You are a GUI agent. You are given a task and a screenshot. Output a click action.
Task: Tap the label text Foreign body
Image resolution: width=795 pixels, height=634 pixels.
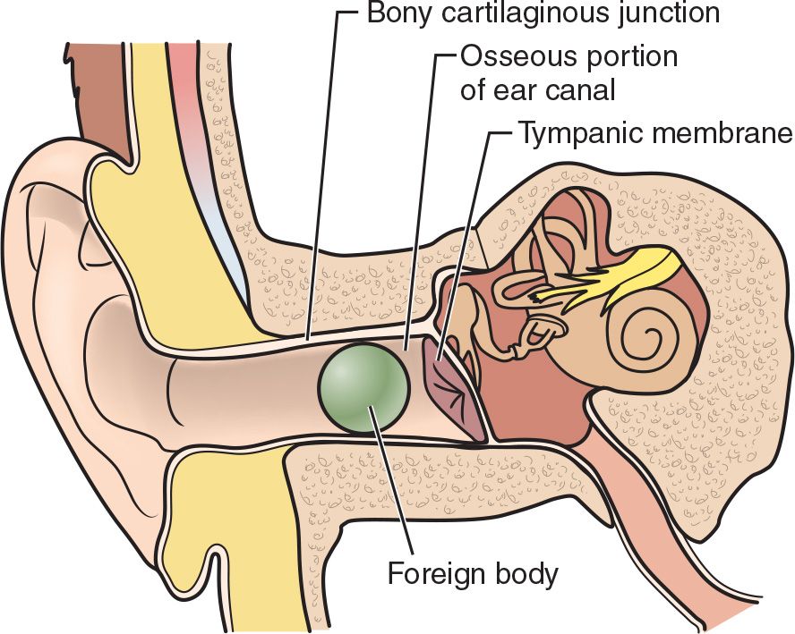[472, 573]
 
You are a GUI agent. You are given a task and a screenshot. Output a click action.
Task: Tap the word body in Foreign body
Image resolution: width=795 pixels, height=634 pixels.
[528, 573]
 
